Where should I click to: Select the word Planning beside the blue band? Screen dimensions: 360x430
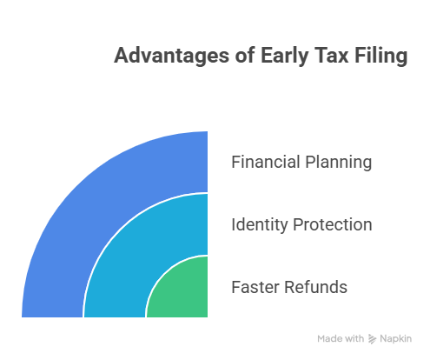pos(339,163)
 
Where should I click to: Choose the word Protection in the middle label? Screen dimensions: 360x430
pos(334,225)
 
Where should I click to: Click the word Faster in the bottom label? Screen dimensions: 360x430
pos(255,288)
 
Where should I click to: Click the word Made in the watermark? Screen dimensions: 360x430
pos(328,339)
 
